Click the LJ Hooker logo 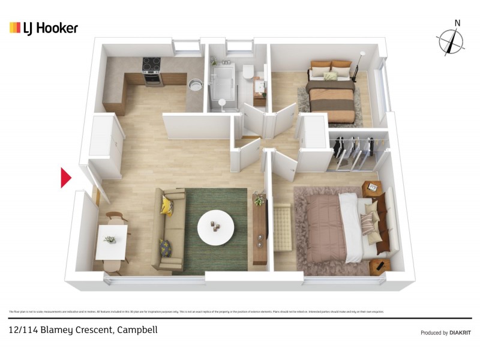point(43,28)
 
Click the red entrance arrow point(66,178)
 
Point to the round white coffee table point(216,227)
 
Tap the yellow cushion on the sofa point(167,206)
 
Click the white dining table point(112,241)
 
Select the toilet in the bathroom point(249,74)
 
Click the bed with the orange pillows point(331,90)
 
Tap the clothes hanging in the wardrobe point(354,150)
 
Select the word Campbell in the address point(137,330)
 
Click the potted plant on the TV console point(259,199)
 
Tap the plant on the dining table point(110,239)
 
